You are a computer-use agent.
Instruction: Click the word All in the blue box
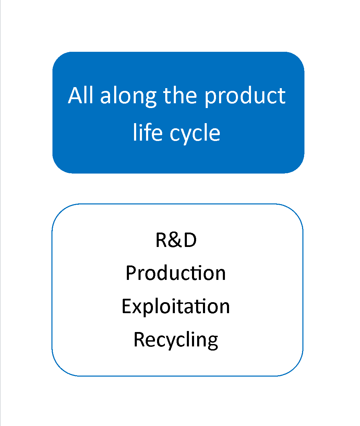pos(80,95)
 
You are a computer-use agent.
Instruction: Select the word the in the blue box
pos(180,95)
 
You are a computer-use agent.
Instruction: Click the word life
pos(148,132)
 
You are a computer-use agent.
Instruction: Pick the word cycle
pos(195,134)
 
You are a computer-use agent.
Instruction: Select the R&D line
pos(176,240)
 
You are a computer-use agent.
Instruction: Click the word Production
pos(176,273)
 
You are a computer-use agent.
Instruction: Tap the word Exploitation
pos(176,307)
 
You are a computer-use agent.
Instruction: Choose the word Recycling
pos(176,341)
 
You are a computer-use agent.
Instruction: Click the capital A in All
pos(75,95)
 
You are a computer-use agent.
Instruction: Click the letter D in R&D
pos(190,240)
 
